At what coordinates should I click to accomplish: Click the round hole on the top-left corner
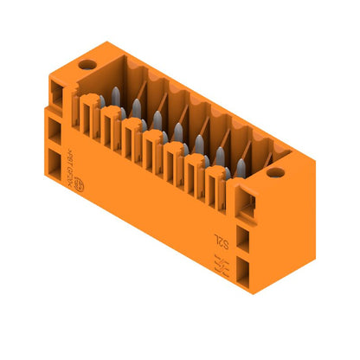(x=86, y=65)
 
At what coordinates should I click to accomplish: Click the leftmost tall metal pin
(x=115, y=98)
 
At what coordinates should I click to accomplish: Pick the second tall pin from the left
(x=136, y=108)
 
